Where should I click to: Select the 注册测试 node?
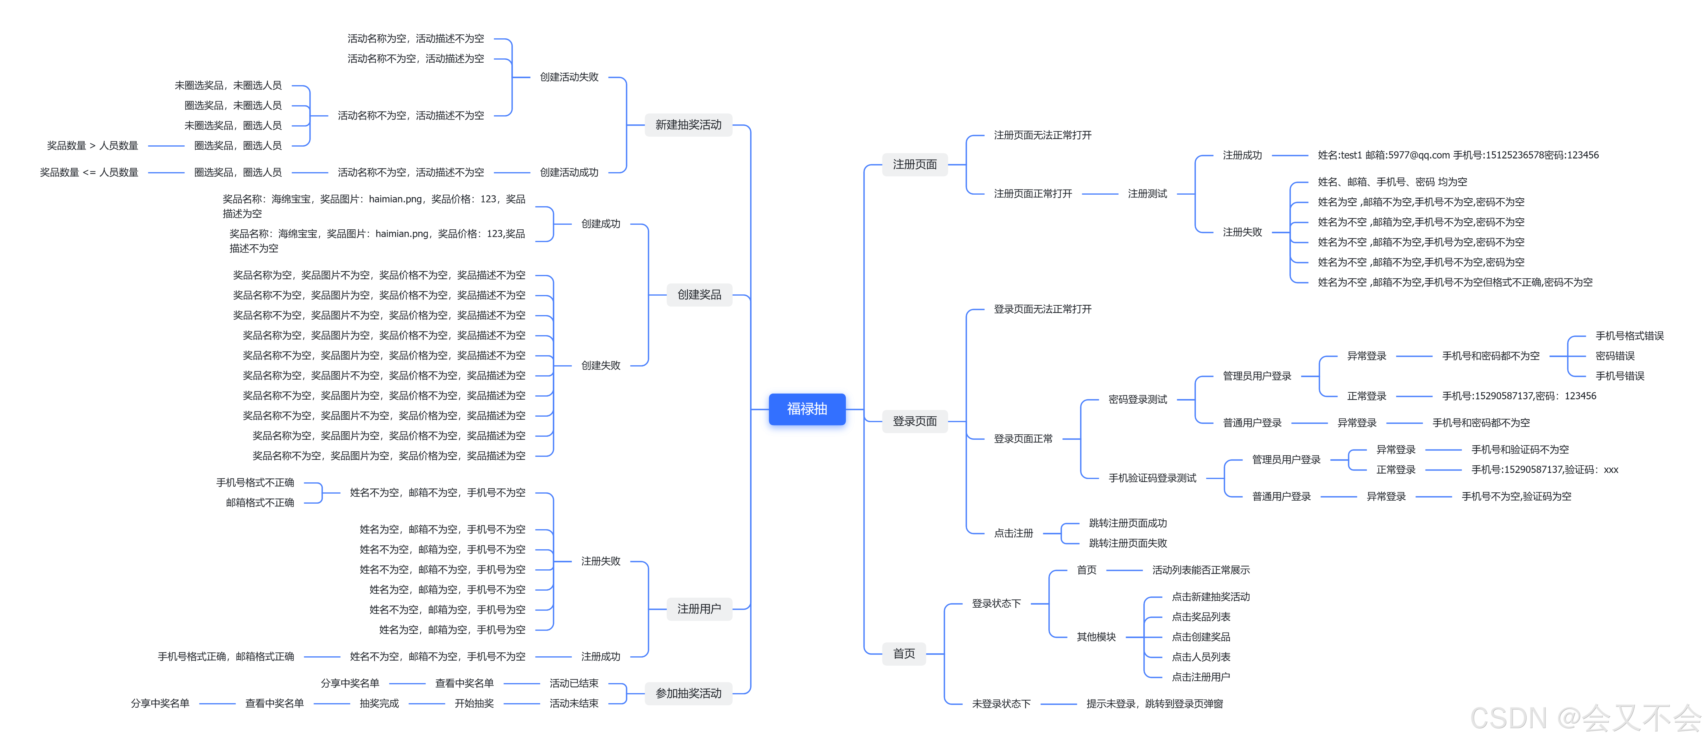[1147, 194]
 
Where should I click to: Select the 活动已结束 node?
[573, 683]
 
